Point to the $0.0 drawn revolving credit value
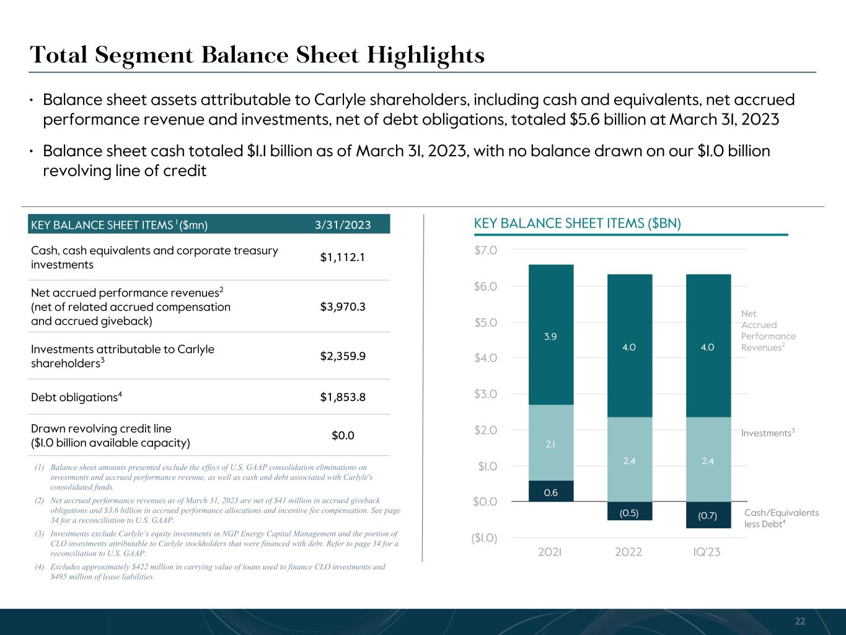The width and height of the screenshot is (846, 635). point(343,436)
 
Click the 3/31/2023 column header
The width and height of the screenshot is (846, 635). point(343,224)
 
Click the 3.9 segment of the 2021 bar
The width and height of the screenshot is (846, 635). point(550,336)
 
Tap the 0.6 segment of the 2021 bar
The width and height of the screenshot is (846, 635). point(550,492)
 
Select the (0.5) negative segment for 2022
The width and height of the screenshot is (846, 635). point(629,512)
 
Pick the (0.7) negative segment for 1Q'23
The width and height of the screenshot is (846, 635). point(708,515)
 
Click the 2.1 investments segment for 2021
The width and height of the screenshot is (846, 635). point(550,444)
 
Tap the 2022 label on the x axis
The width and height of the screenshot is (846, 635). point(628,552)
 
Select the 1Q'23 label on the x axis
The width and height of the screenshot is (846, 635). point(707,552)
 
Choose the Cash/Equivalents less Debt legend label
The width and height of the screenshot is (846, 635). point(781,518)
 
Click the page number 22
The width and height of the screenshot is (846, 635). point(800,621)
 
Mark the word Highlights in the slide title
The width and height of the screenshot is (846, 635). point(426,55)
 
